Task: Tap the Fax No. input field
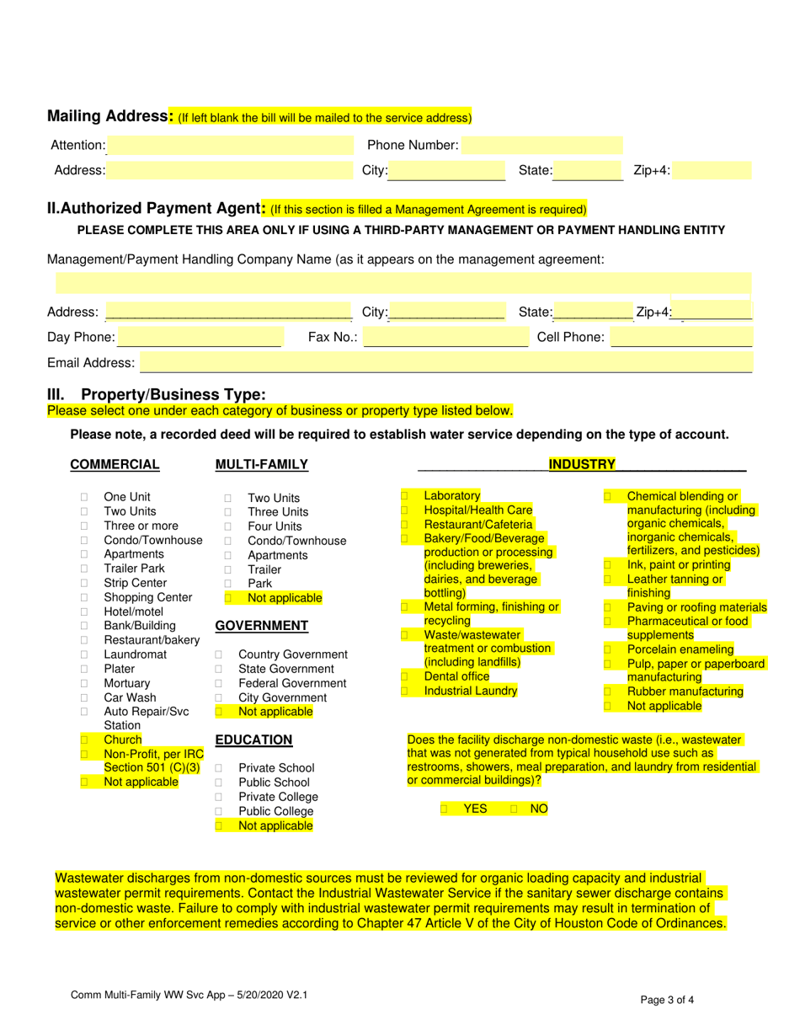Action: click(445, 338)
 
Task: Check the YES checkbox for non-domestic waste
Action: click(444, 809)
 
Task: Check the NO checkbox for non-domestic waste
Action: click(514, 809)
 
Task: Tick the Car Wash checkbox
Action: click(84, 697)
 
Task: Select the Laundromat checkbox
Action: click(84, 654)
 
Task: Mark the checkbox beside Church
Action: click(84, 740)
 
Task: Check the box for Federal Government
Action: click(219, 683)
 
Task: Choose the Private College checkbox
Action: click(219, 797)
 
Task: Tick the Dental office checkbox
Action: click(404, 676)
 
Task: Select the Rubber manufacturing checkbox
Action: click(608, 692)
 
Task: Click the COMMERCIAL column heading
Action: click(115, 464)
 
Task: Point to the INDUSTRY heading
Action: click(582, 464)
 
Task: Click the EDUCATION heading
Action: click(253, 740)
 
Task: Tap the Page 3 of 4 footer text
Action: click(667, 1001)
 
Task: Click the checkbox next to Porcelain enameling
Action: click(608, 649)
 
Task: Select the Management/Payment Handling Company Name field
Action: click(403, 284)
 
